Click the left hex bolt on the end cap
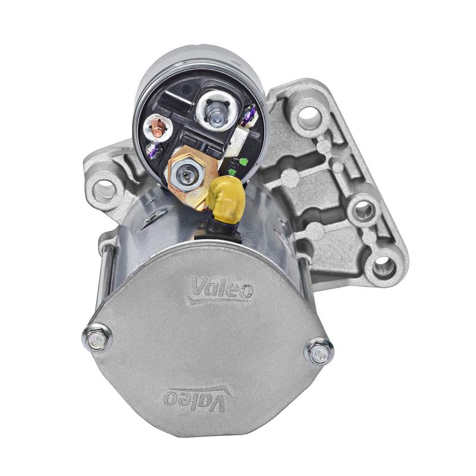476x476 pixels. pos(97,338)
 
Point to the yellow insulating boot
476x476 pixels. pos(227,198)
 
